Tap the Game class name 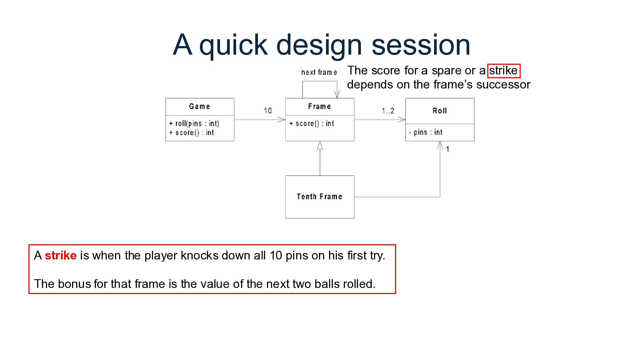[x=200, y=107]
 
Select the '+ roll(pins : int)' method [x=194, y=124]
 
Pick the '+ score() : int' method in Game [x=192, y=133]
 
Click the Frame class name [x=320, y=107]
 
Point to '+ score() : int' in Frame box [x=312, y=124]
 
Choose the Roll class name [x=440, y=111]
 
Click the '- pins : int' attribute [x=426, y=132]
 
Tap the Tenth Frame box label [x=320, y=197]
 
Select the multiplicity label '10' [x=268, y=111]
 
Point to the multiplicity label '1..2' [x=388, y=111]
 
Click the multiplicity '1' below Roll [x=448, y=149]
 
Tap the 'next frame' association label [x=319, y=72]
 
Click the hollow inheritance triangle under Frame [x=320, y=145]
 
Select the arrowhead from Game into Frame [x=282, y=120]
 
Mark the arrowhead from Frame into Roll [x=402, y=120]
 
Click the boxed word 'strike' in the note [x=503, y=71]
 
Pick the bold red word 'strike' [x=61, y=256]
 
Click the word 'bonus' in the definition [x=74, y=284]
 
